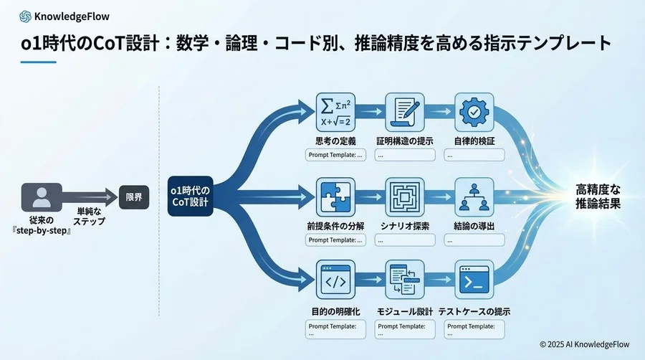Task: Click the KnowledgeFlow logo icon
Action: (x=26, y=14)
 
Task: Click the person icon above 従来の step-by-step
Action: (x=42, y=197)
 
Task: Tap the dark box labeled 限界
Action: (x=134, y=196)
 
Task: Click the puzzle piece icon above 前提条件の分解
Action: (x=336, y=197)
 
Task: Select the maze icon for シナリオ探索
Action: (x=405, y=197)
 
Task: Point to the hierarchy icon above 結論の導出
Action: (x=473, y=197)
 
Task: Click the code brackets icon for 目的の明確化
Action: (x=336, y=280)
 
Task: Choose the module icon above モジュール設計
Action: (x=405, y=280)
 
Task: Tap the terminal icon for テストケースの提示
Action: (x=473, y=280)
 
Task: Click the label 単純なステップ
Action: (x=91, y=217)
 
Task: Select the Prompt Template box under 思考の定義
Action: (x=335, y=154)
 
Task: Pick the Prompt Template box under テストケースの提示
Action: (x=474, y=329)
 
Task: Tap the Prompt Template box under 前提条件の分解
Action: (x=335, y=240)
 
